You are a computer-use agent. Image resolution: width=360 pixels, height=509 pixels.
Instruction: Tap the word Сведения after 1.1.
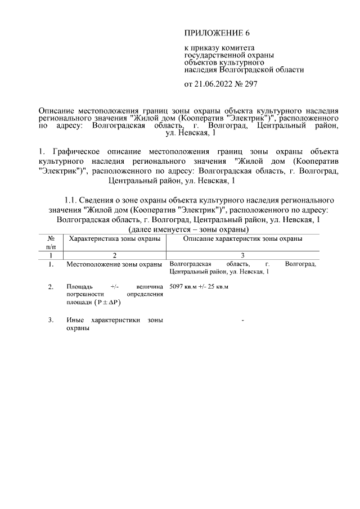[x=97, y=200]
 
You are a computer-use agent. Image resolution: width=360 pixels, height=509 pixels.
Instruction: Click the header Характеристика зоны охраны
[x=114, y=239]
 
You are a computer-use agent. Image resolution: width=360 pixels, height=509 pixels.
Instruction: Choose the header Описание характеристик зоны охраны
[x=243, y=239]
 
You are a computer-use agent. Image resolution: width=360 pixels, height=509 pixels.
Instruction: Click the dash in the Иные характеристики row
[x=242, y=321]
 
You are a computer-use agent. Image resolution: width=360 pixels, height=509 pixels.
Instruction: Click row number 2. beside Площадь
[x=51, y=287]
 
